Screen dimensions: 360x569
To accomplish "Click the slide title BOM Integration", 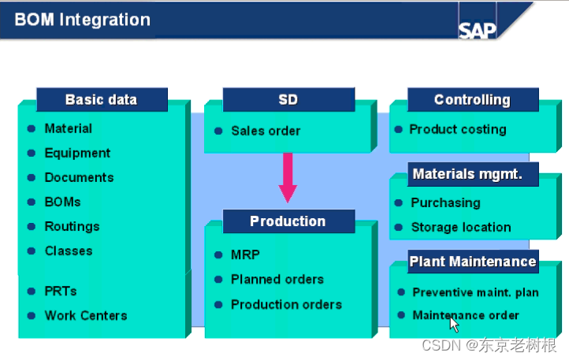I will tap(82, 20).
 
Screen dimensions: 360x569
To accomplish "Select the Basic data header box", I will tap(101, 100).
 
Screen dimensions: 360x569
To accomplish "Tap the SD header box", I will tap(288, 100).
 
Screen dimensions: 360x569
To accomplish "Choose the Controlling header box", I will tap(472, 100).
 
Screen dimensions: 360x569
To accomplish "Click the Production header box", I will tap(288, 221).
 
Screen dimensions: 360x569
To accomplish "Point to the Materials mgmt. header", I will tap(467, 174).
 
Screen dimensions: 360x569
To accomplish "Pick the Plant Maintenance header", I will tap(472, 262).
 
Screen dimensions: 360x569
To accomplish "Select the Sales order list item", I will tap(266, 131).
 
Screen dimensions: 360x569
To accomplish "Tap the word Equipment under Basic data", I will tap(77, 153).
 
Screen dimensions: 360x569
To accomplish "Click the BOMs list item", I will tap(62, 202).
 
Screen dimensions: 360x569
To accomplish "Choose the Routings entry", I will tap(72, 226).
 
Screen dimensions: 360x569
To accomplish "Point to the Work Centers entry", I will tap(85, 315).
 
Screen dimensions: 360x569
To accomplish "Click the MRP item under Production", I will tap(245, 255).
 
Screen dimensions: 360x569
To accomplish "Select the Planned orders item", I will tap(277, 280).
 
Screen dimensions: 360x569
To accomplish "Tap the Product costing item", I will tap(458, 129).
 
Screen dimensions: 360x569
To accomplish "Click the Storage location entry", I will tap(460, 228).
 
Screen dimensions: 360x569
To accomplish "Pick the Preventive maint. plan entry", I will tap(475, 292).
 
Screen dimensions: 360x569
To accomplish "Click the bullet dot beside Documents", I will tap(31, 178).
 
